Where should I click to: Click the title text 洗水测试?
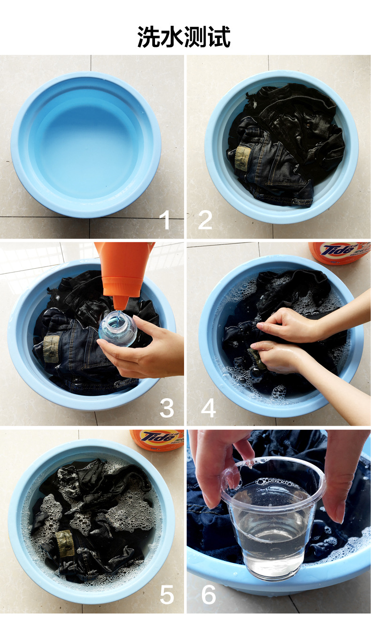[x=184, y=37]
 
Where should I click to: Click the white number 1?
[x=164, y=220]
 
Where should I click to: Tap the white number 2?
[x=205, y=220]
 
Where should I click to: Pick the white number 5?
[x=167, y=595]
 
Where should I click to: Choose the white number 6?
[x=209, y=595]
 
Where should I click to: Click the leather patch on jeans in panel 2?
[x=243, y=158]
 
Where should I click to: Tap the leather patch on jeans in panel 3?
[x=51, y=348]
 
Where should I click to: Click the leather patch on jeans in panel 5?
[x=64, y=544]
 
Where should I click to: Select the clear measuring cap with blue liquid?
[x=118, y=329]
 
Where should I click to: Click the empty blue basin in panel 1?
[x=86, y=145]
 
